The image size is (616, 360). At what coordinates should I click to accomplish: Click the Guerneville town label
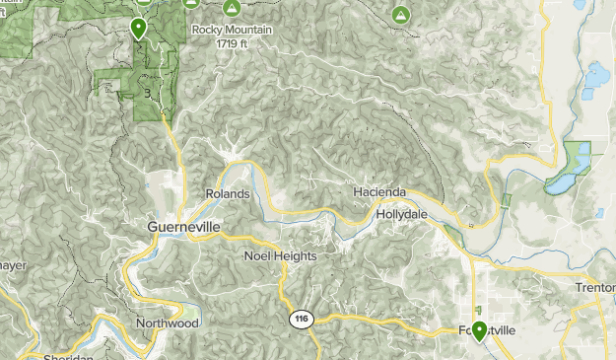[183, 227]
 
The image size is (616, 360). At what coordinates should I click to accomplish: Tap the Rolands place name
[227, 194]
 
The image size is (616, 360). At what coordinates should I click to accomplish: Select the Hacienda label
[379, 190]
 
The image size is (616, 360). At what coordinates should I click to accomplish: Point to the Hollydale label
[402, 213]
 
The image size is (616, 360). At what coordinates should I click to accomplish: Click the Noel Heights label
[280, 256]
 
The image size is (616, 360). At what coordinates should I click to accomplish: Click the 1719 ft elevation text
[232, 44]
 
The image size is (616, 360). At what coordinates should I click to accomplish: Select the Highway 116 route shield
[300, 320]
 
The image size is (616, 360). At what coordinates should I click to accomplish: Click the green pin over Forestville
[479, 330]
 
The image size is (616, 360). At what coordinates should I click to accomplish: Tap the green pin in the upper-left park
[139, 29]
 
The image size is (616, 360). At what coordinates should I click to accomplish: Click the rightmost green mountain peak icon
[400, 15]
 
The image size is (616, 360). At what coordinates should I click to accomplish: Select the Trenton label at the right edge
[595, 287]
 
